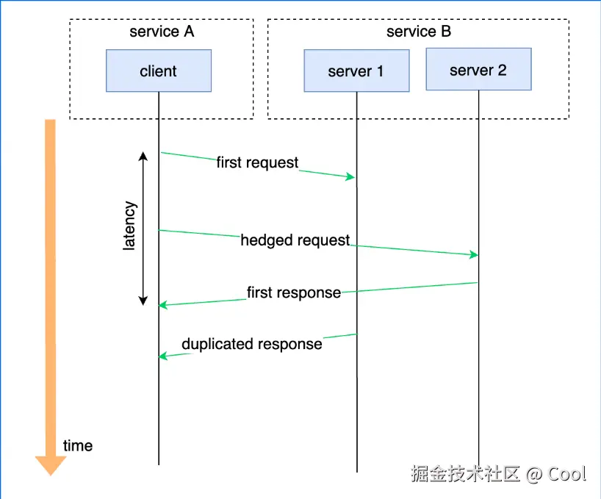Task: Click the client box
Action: pos(159,71)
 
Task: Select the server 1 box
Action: pos(356,71)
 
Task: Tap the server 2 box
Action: pos(478,70)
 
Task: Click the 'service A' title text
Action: pos(162,32)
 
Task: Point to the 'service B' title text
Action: pos(419,32)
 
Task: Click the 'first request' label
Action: pos(257,162)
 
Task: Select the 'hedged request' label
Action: pos(295,240)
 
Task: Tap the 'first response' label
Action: pos(294,292)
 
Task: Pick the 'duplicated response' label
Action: pos(252,344)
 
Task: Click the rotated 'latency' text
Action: pos(129,226)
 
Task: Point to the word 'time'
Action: pos(78,445)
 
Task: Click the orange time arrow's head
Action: pos(51,464)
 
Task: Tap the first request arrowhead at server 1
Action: pos(351,177)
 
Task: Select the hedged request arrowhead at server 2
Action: pos(473,254)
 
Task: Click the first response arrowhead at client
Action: pos(164,304)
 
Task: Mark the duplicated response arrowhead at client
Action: pos(164,356)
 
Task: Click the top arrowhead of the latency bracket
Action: pos(143,156)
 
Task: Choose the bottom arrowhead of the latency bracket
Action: pos(143,301)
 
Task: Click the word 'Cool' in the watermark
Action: pos(567,474)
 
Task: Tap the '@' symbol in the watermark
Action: pos(533,474)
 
